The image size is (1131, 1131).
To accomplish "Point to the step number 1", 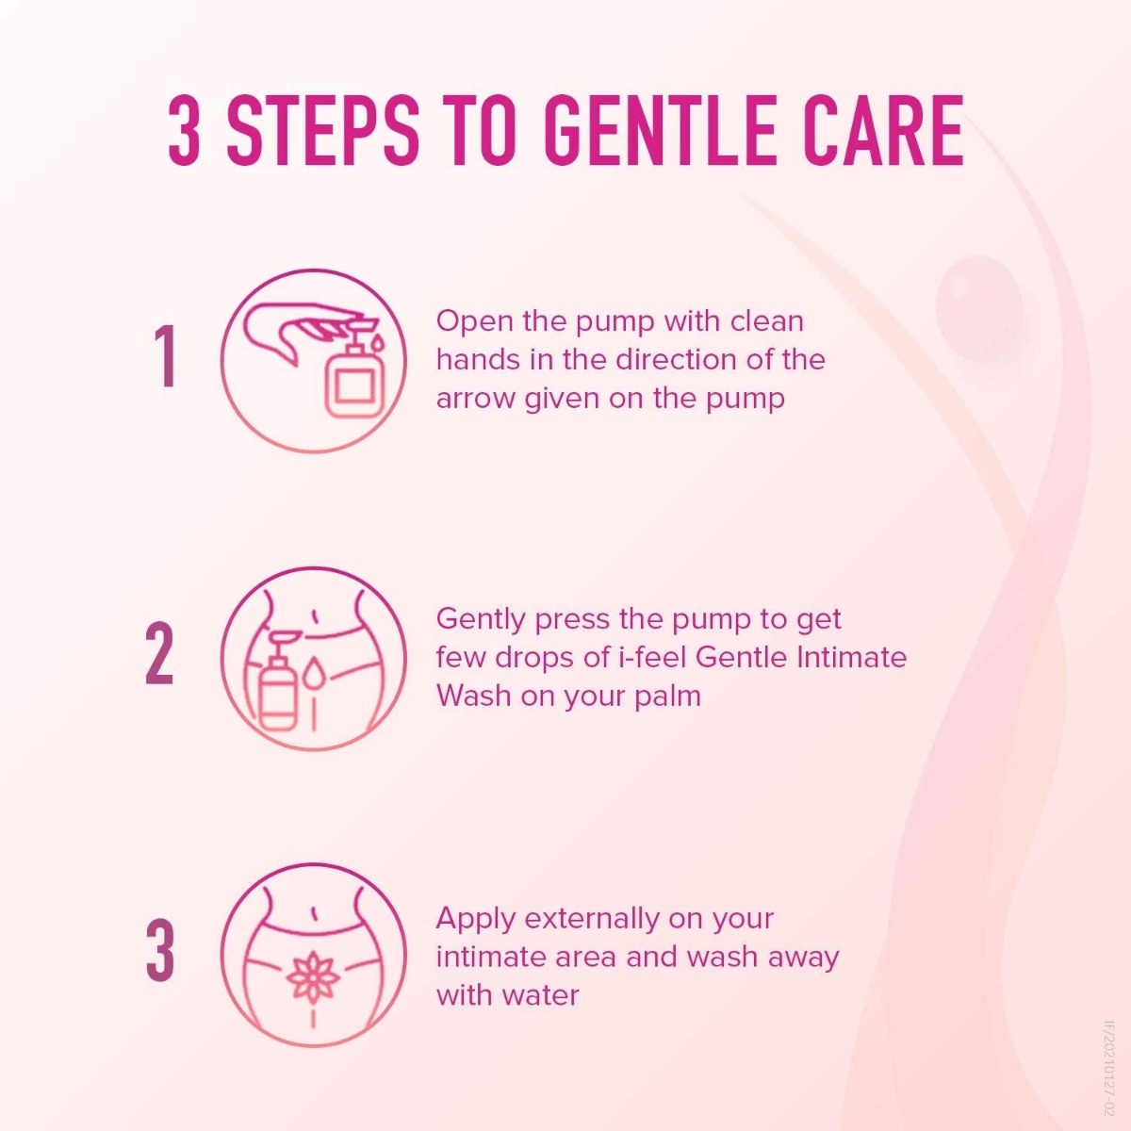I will pos(165,357).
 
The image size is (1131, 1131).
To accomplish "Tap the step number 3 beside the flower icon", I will pos(160,951).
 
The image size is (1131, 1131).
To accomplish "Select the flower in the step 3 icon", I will pos(312,975).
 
